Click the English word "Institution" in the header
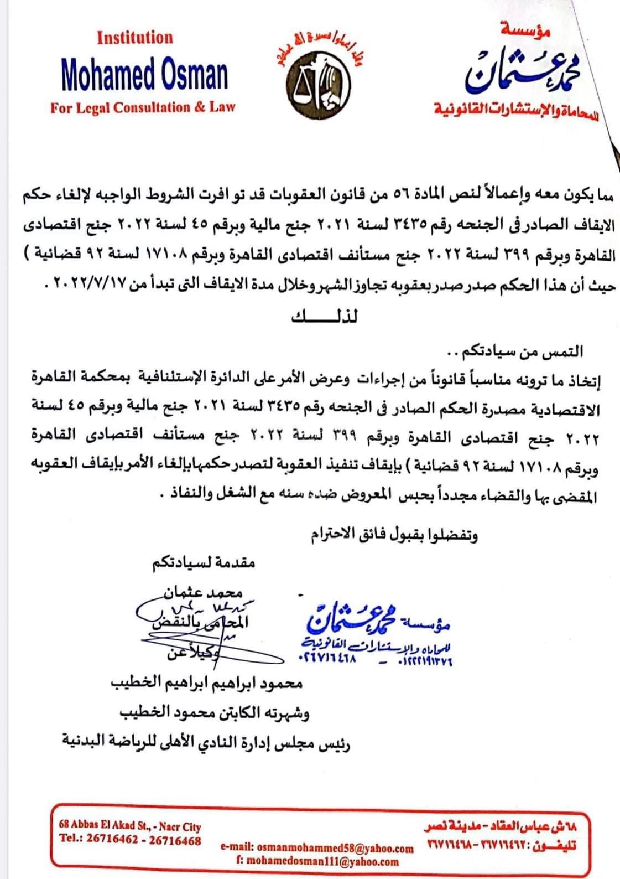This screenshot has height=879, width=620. pyautogui.click(x=134, y=38)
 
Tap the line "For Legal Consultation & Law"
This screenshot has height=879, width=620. pyautogui.click(x=143, y=107)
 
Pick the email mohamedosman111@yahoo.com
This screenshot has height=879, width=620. pyautogui.click(x=315, y=861)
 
